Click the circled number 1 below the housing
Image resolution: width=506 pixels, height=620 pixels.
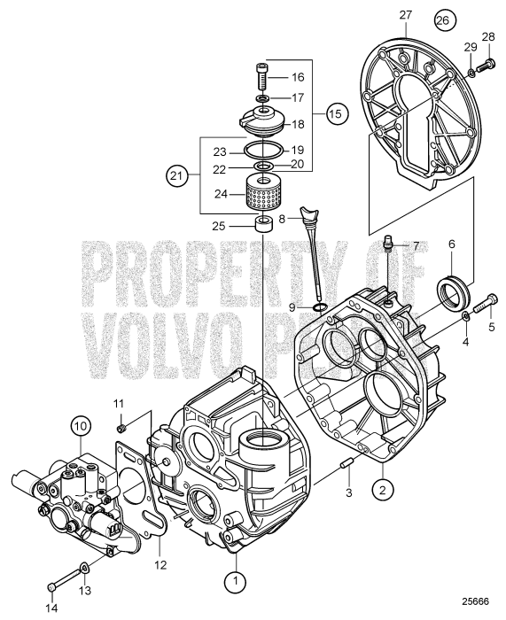pos(236,557)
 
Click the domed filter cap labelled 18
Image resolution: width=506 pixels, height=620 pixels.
pos(261,120)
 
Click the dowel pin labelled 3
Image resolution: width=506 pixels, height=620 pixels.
pos(348,466)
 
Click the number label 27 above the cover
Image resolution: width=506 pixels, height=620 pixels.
pos(407,15)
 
